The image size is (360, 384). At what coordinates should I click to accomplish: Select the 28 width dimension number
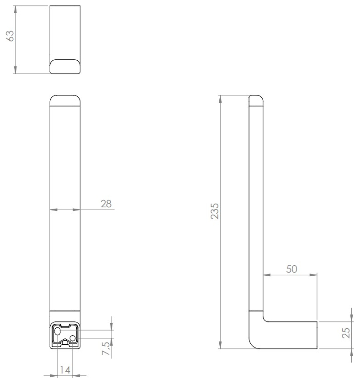pyautogui.click(x=106, y=204)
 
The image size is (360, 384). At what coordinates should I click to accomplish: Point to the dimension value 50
pyautogui.click(x=291, y=269)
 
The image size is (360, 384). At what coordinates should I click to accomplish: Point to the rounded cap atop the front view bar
pyautogui.click(x=65, y=100)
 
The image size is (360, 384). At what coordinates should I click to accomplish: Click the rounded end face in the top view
pyautogui.click(x=65, y=67)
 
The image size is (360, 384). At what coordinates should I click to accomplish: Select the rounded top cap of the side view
pyautogui.click(x=256, y=100)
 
